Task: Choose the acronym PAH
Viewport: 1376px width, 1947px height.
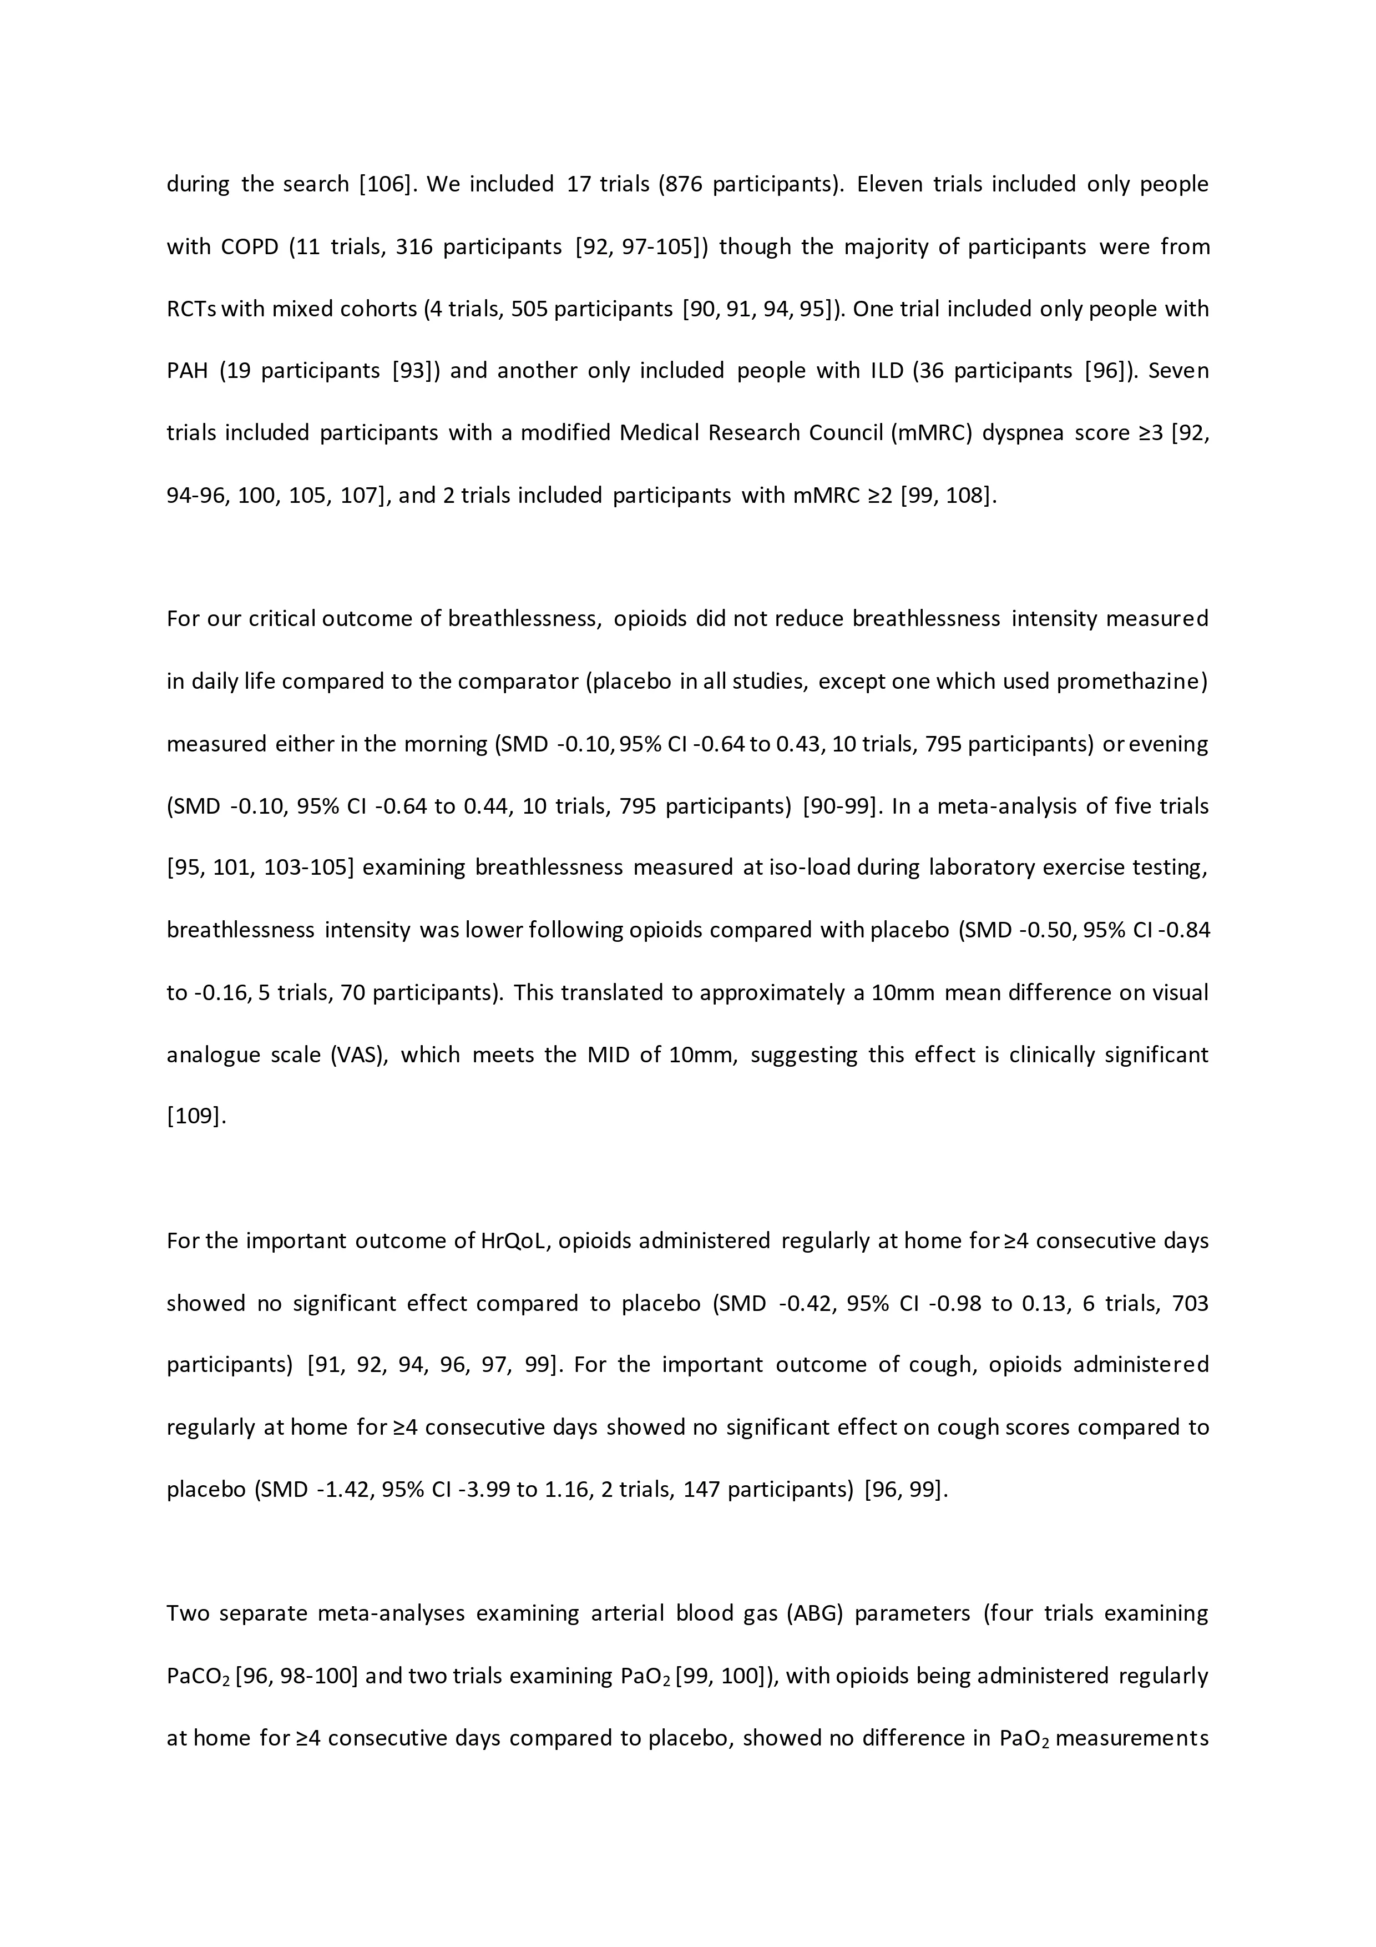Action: pos(188,371)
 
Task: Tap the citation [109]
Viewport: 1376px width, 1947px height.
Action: pos(196,1117)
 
